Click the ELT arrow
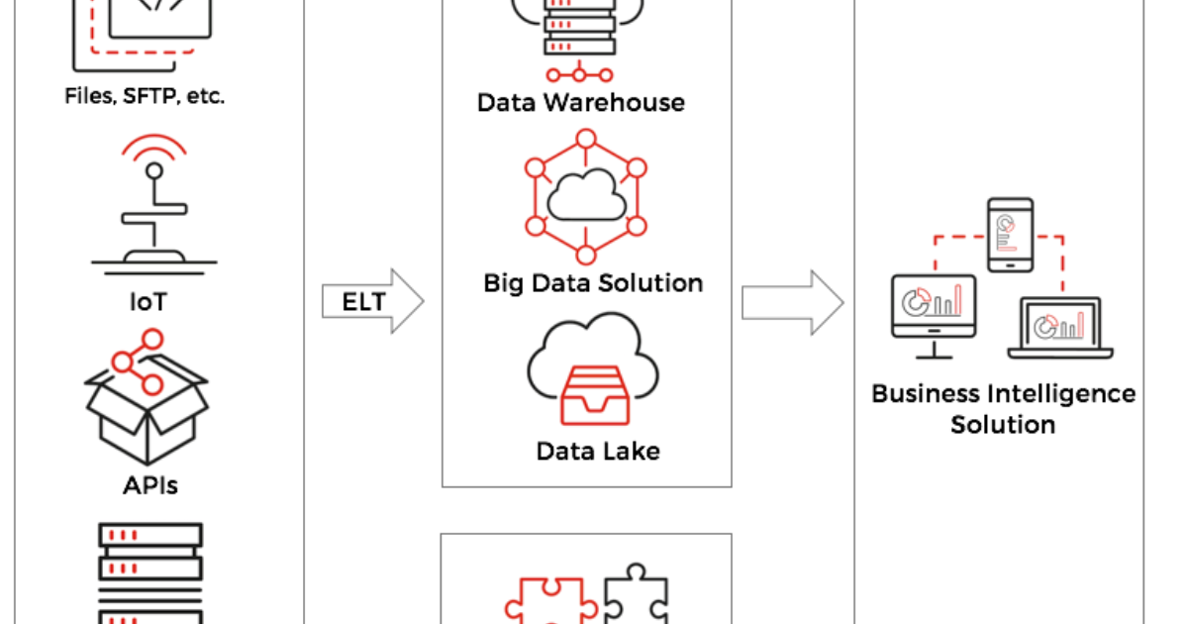click(371, 301)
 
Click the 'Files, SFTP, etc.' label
click(145, 96)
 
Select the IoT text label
click(148, 301)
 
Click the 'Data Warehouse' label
click(580, 102)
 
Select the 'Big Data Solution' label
click(593, 283)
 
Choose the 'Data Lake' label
click(598, 452)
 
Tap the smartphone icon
click(1009, 234)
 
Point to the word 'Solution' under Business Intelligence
click(1003, 425)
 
